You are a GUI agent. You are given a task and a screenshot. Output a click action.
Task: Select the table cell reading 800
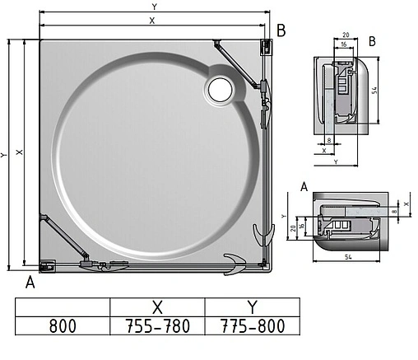click(x=62, y=325)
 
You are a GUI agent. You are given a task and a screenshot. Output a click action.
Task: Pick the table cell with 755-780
click(x=156, y=325)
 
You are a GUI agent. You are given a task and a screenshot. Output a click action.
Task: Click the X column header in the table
click(x=156, y=306)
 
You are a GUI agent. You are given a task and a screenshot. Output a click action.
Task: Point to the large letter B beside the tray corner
click(x=281, y=31)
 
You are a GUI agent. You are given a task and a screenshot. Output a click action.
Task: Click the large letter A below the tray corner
click(x=30, y=283)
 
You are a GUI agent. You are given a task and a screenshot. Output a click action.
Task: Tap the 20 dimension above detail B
click(x=345, y=35)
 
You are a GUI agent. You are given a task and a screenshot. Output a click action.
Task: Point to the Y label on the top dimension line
click(x=153, y=7)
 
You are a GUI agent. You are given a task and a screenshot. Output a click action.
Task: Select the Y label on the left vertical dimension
click(x=6, y=155)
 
